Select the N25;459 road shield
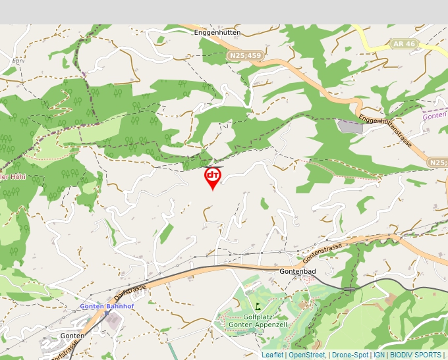(246, 57)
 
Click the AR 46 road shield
(404, 44)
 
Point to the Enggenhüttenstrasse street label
(385, 132)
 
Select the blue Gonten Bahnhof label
(107, 307)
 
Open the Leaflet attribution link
(272, 355)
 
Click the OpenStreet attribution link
(306, 355)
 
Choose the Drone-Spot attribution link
(350, 355)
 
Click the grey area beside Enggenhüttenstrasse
(350, 126)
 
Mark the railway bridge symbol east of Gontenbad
(349, 288)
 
